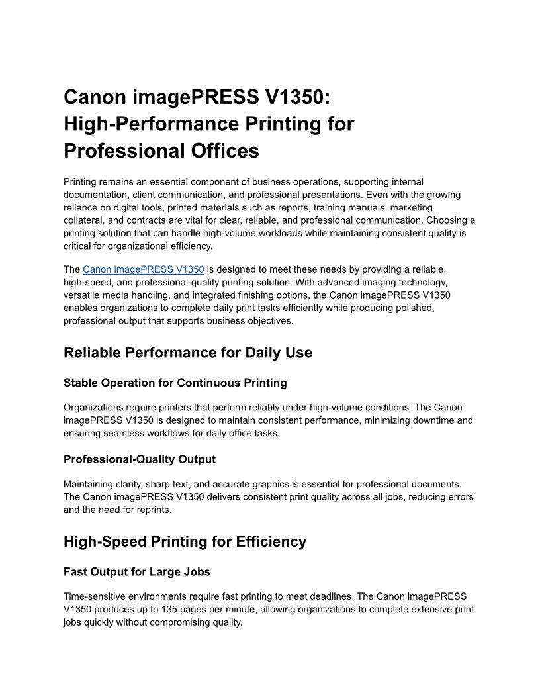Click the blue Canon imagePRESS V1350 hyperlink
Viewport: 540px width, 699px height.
pyautogui.click(x=143, y=269)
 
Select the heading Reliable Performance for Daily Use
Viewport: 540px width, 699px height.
pyautogui.click(x=187, y=353)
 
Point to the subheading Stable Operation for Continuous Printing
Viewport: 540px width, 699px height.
pyautogui.click(x=175, y=383)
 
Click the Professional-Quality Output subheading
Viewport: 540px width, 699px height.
pyautogui.click(x=139, y=459)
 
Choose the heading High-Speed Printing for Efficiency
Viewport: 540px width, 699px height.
pyautogui.click(x=185, y=541)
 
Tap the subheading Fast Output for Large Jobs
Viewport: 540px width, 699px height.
pyautogui.click(x=137, y=571)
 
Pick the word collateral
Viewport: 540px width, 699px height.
pyautogui.click(x=85, y=220)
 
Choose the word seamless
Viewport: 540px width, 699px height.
pyautogui.click(x=126, y=433)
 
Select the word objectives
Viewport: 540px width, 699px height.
pyautogui.click(x=268, y=321)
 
